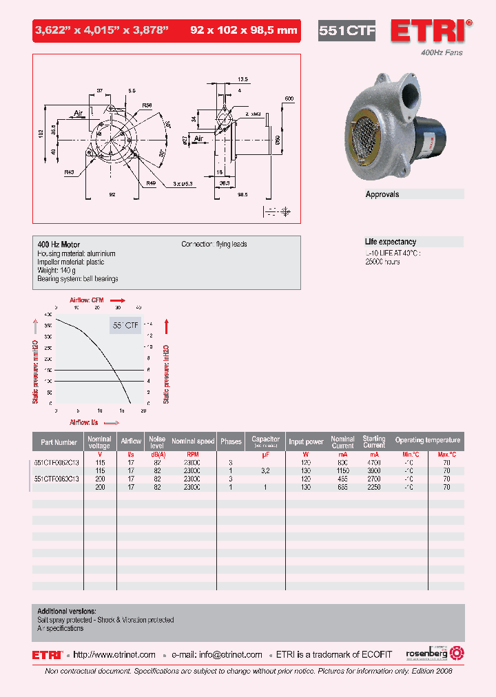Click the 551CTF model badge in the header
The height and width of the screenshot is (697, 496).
(346, 31)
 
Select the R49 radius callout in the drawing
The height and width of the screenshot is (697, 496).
(150, 183)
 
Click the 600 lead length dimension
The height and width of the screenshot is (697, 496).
(289, 98)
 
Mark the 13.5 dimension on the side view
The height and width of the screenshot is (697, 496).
(242, 79)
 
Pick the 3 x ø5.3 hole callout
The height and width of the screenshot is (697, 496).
(183, 183)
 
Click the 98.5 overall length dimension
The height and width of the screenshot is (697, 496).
(242, 195)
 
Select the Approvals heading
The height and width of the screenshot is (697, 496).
(382, 194)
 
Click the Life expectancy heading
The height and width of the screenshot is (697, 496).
(390, 242)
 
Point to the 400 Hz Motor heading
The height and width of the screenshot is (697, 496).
(59, 245)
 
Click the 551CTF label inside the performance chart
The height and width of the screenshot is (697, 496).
(125, 324)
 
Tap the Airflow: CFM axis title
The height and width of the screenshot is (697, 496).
(87, 300)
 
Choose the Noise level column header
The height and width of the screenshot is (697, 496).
(158, 441)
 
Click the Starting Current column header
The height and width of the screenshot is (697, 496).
(374, 441)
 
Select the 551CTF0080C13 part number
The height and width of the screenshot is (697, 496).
(57, 478)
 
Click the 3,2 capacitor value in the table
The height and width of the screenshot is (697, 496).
(265, 470)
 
